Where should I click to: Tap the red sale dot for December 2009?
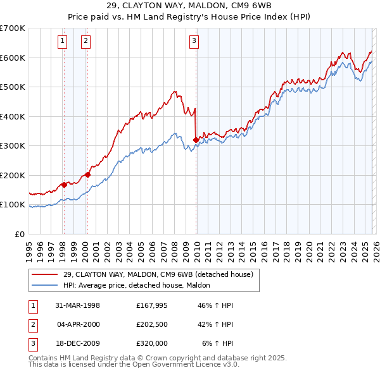pos(196,140)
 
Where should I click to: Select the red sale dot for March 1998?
pos(64,185)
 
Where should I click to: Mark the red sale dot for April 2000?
pos(87,174)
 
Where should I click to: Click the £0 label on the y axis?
pos(20,234)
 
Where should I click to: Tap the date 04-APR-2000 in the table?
pos(79,324)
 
